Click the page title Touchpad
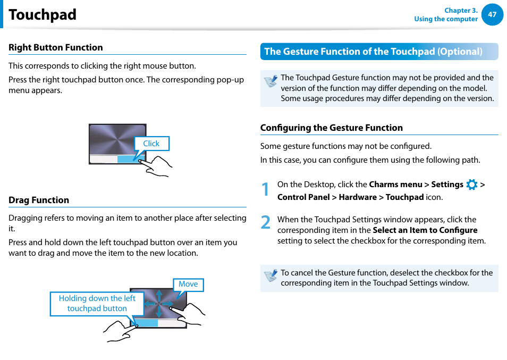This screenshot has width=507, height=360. tap(43, 15)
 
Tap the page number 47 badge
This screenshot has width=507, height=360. tap(492, 14)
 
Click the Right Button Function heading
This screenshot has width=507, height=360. tap(56, 47)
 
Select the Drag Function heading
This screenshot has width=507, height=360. tap(39, 200)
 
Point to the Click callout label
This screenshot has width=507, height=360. tap(151, 144)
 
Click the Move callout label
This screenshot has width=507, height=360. tap(188, 284)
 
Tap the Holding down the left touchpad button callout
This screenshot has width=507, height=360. tap(97, 304)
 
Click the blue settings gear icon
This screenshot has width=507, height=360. tap(471, 185)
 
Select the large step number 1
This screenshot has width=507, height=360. tap(265, 190)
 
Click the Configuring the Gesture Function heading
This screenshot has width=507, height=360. tap(332, 128)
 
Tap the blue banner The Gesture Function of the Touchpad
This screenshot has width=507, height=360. tap(374, 52)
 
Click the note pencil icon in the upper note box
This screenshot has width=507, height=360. tap(271, 81)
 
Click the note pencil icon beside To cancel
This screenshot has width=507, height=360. tap(271, 275)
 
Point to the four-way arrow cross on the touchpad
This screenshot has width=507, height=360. tap(158, 304)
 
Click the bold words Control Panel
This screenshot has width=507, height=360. tap(303, 197)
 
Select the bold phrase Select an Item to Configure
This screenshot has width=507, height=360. tap(425, 230)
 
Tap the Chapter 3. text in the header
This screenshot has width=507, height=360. tap(461, 10)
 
